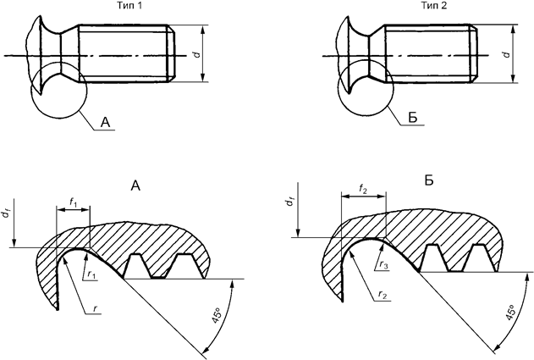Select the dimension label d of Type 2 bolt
[x=505, y=53]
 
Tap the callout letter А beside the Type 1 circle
[x=106, y=124]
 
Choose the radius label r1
[x=91, y=274]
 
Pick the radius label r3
[x=383, y=265]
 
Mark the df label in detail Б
[x=289, y=206]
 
